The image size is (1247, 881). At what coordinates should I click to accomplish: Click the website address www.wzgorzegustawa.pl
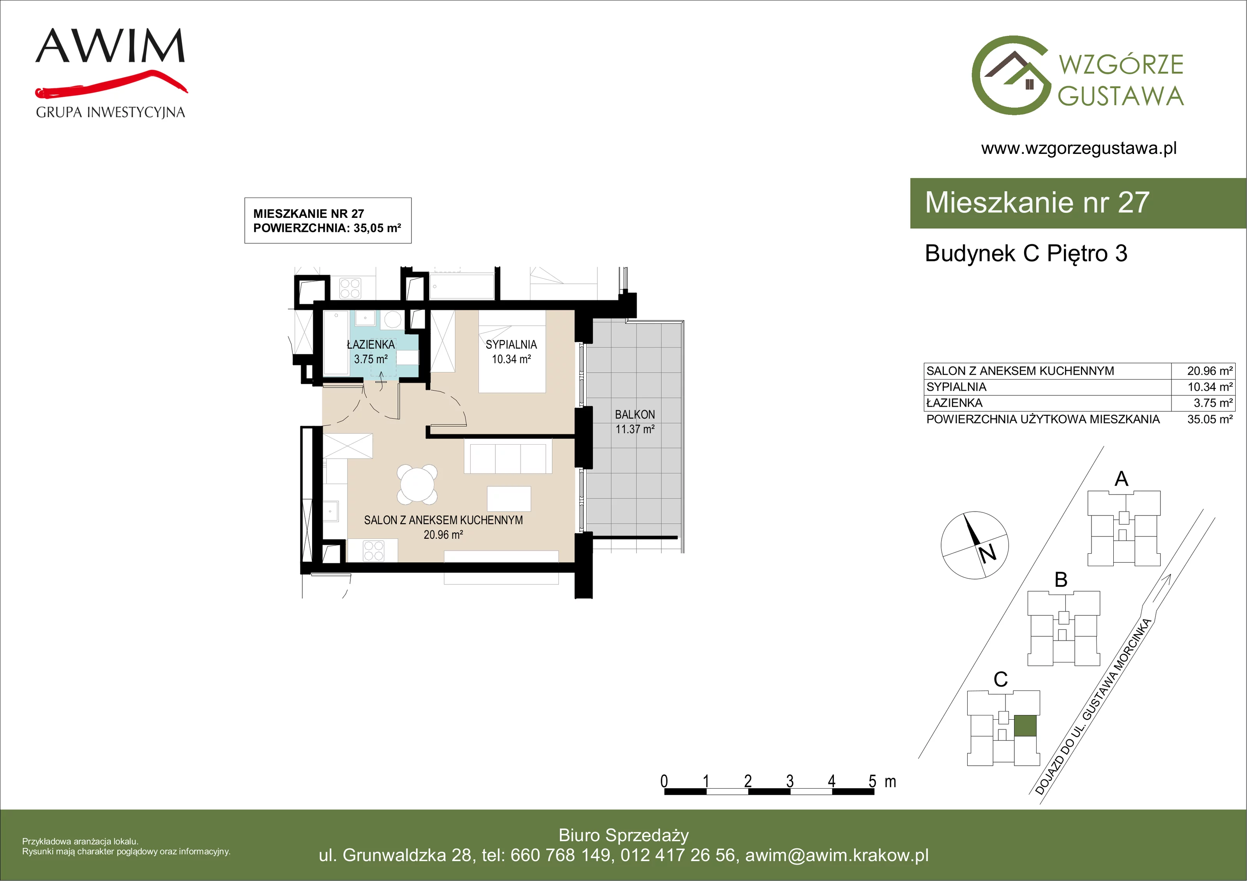(x=1079, y=148)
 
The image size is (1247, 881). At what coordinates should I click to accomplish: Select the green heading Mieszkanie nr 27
(x=1037, y=203)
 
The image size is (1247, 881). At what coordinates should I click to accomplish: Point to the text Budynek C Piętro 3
(x=1026, y=253)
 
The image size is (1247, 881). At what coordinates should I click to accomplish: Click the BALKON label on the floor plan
(x=634, y=415)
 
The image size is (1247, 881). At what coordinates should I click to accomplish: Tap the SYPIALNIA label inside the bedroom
(x=511, y=344)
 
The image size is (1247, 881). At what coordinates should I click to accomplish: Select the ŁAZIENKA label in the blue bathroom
(x=371, y=344)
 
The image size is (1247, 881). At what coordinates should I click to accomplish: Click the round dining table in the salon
(x=417, y=484)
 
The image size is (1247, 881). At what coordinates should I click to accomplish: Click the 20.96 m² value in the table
(x=1210, y=371)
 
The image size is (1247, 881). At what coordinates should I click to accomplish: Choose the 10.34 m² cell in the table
(x=1210, y=387)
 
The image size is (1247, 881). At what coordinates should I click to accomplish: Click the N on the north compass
(x=987, y=553)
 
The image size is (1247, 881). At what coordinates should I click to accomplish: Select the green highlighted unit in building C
(x=1025, y=726)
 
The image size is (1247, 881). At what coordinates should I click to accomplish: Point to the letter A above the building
(x=1121, y=478)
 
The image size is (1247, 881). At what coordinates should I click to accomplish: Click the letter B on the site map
(x=1061, y=579)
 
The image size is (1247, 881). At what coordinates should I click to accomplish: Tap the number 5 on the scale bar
(x=872, y=781)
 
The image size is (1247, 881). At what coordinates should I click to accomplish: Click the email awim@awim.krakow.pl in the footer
(x=837, y=855)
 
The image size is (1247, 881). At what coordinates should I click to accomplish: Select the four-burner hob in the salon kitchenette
(x=374, y=550)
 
